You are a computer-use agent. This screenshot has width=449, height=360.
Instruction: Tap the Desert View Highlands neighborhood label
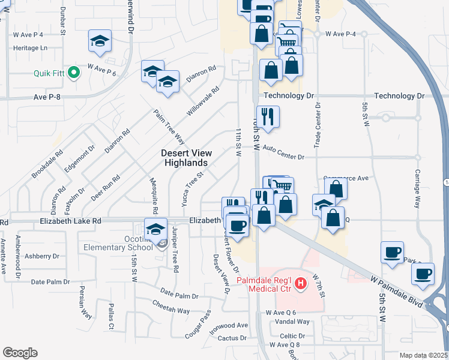(x=187, y=158)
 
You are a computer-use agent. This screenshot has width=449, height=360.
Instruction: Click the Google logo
(x=20, y=353)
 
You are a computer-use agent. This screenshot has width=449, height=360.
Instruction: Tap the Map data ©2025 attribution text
(x=423, y=355)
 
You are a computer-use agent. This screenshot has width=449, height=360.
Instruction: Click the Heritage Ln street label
(x=30, y=47)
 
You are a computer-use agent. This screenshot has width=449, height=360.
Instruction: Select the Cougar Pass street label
(x=198, y=325)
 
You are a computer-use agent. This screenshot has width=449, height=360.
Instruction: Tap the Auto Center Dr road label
(x=284, y=152)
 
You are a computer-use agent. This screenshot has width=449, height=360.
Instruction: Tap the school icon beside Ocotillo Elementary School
(x=156, y=229)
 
